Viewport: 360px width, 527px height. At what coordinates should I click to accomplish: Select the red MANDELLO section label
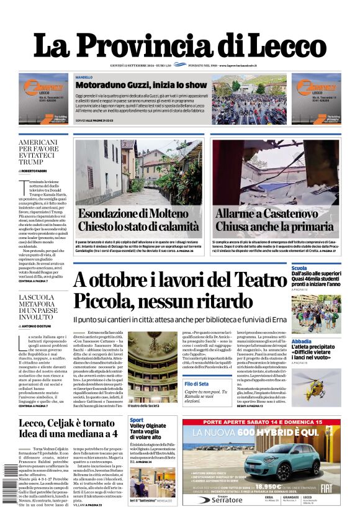(84, 77)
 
